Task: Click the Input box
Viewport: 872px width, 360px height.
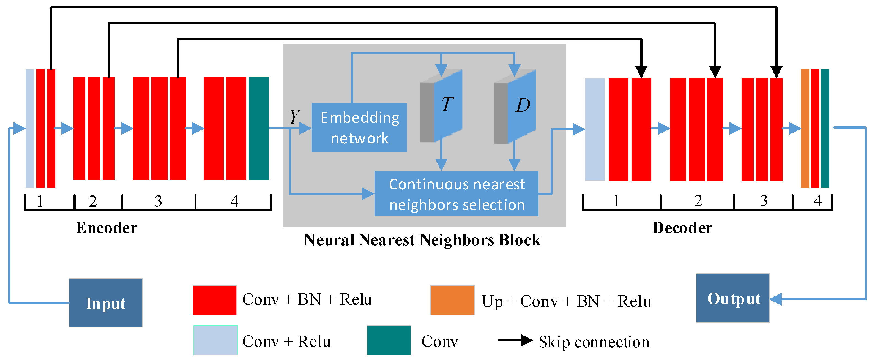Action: pos(105,302)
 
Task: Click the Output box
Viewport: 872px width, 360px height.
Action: pos(732,298)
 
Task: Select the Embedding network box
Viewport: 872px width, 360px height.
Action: pos(359,127)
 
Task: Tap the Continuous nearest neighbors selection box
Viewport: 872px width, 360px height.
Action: pos(456,194)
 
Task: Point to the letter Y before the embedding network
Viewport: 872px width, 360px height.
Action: pos(294,117)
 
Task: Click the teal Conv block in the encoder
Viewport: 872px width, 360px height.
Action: pos(259,128)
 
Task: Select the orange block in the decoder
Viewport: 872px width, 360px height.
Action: pos(805,128)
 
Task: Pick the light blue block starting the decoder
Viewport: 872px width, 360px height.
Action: pos(595,129)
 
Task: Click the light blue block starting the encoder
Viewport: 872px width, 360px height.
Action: pos(30,128)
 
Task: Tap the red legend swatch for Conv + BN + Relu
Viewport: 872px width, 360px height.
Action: pos(215,300)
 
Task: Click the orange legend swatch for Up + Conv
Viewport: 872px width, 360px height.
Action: pos(452,300)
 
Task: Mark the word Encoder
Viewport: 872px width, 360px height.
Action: pos(107,228)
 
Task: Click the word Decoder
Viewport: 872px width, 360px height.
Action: pos(682,228)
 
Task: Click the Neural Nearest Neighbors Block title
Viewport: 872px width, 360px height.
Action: pos(422,240)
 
